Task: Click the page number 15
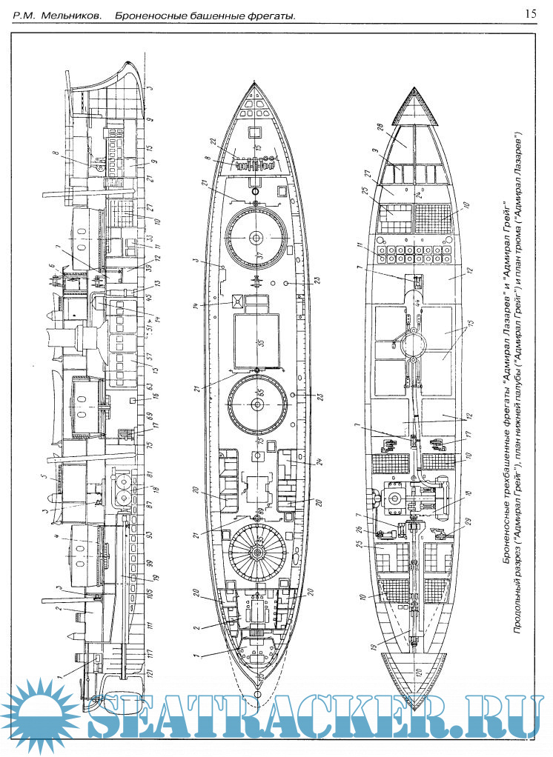531,13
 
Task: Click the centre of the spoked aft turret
257,553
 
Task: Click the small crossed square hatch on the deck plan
239,301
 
